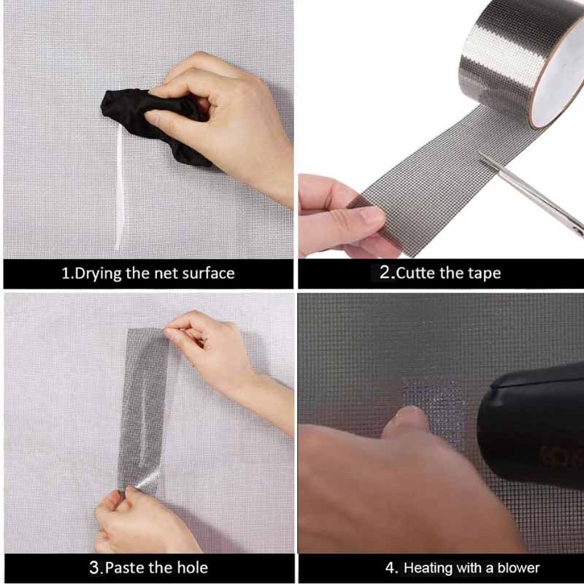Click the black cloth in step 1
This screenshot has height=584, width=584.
tap(149, 123)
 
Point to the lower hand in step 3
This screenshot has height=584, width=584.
tap(142, 521)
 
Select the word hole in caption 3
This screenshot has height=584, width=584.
tap(192, 568)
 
